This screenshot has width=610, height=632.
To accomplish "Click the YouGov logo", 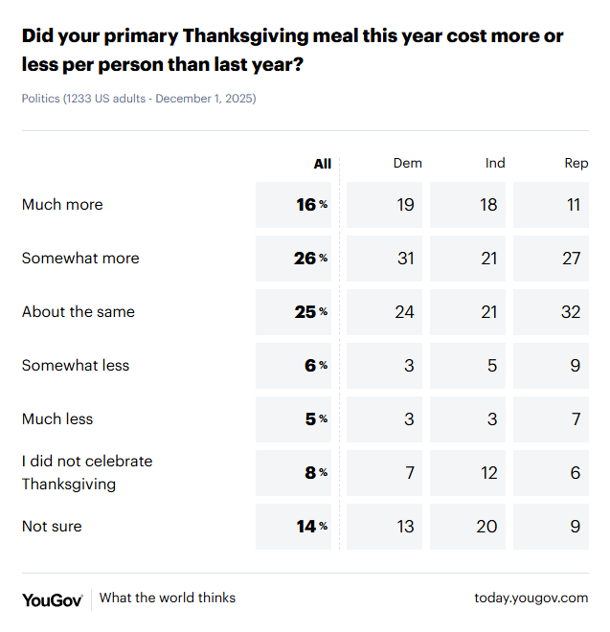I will (x=52, y=598).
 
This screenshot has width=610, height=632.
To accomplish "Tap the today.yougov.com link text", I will (x=531, y=598).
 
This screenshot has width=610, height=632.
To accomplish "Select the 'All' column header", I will (x=322, y=164).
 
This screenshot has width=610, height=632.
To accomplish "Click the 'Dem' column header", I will (x=407, y=164).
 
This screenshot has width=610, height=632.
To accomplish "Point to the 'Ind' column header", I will (x=494, y=164).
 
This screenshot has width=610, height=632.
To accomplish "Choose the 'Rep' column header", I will (x=576, y=164).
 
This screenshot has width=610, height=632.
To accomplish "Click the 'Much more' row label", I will (x=62, y=205).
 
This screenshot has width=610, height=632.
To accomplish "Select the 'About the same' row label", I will (x=79, y=312).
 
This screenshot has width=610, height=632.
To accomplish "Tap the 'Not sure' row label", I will (x=52, y=527).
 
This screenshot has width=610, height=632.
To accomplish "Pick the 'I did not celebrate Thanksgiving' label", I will (x=86, y=473).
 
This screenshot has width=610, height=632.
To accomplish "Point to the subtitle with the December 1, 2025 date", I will (x=139, y=99).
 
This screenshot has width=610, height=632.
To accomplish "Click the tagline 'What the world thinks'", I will (x=168, y=598).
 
